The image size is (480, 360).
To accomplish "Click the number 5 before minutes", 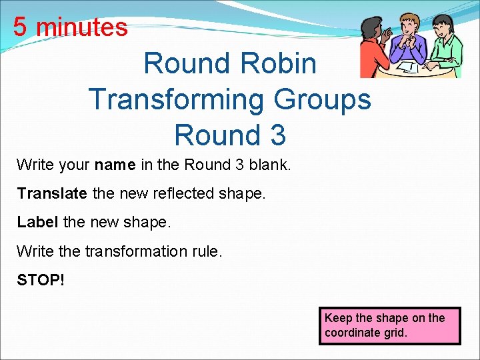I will point(20,27).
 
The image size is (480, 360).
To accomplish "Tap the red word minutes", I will point(81,27).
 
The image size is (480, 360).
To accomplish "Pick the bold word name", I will point(115,164).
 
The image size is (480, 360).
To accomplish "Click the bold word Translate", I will point(52,193).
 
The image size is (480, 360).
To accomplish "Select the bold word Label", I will point(38,222).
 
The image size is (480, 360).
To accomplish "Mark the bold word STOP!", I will point(41,280).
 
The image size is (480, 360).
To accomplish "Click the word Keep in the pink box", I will point(337,318).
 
